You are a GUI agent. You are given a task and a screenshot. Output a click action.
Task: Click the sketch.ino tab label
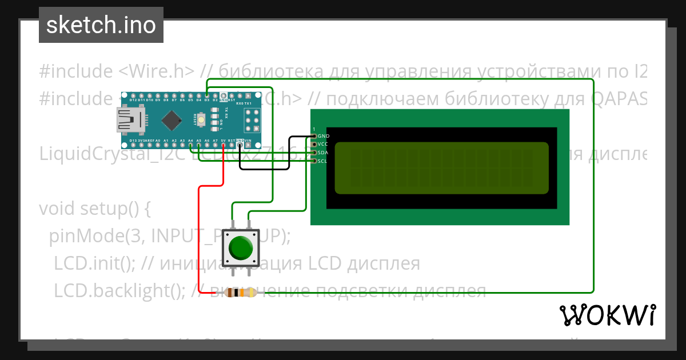101,26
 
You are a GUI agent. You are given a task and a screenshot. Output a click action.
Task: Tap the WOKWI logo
607,315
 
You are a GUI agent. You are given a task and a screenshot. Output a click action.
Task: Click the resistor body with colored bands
240,293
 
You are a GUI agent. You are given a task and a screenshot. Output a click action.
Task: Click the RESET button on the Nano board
202,119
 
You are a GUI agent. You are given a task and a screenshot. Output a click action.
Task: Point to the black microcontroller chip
171,120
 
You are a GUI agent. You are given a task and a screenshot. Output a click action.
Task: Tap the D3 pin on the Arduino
207,95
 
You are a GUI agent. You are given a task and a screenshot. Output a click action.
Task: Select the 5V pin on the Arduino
223,145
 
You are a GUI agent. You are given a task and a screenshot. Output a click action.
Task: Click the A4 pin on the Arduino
190,145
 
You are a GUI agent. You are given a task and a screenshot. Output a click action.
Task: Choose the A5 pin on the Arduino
198,145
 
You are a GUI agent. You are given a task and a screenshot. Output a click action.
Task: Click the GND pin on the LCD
314,136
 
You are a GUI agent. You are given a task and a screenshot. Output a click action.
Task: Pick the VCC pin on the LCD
314,145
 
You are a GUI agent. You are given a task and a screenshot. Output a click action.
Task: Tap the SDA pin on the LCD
314,153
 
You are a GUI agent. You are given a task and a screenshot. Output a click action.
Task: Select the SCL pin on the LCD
314,161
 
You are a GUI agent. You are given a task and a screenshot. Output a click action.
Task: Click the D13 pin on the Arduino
133,145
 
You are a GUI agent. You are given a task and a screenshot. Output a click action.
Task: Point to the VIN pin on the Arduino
248,145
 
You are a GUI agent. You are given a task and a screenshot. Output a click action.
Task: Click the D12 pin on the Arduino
133,95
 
